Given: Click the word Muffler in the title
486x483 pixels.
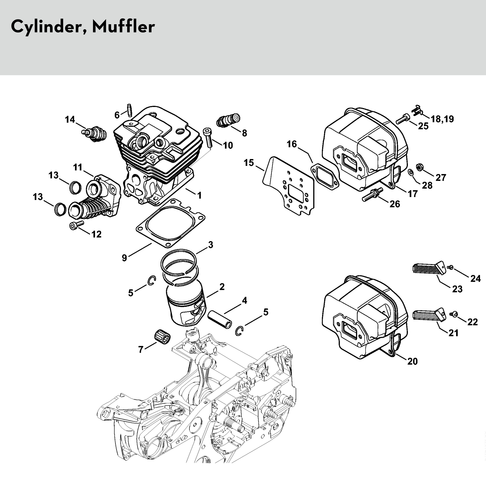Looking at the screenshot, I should tap(123, 26).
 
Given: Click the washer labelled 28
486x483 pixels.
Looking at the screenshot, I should tap(411, 172).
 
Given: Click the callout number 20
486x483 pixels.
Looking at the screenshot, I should tap(412, 361).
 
